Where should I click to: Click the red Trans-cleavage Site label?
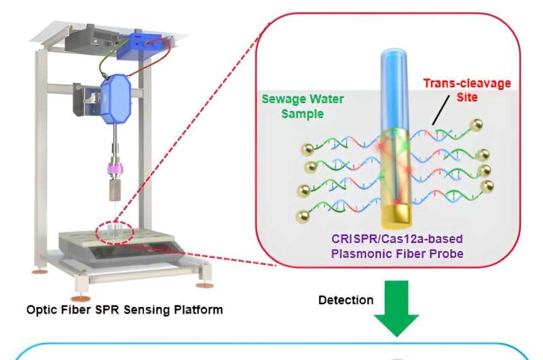466,90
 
